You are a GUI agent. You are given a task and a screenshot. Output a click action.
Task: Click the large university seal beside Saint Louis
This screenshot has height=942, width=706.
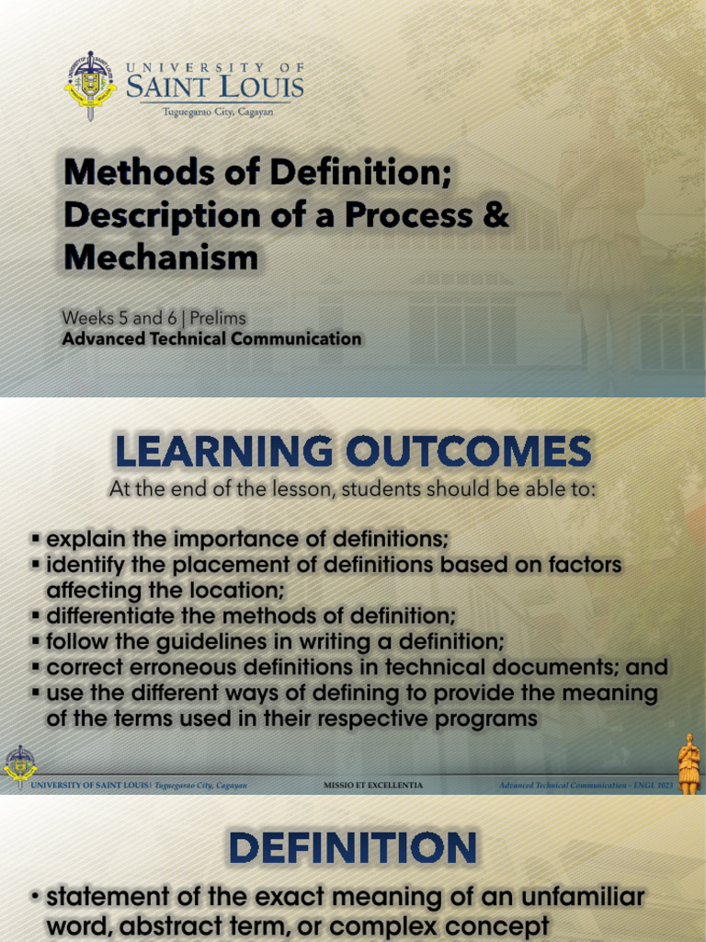(x=90, y=85)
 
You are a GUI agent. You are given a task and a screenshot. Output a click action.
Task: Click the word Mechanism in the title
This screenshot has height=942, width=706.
(x=161, y=257)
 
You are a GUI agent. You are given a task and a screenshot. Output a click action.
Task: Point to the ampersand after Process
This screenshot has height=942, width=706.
(x=495, y=214)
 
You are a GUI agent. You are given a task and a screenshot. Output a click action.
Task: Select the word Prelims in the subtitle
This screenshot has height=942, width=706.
(x=218, y=317)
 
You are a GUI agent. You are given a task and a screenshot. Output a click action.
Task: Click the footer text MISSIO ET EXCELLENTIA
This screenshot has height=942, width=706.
(x=373, y=786)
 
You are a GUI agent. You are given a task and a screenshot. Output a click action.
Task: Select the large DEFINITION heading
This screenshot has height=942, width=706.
(x=353, y=847)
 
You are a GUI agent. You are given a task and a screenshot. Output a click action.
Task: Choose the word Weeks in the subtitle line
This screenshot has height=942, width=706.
(x=85, y=317)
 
